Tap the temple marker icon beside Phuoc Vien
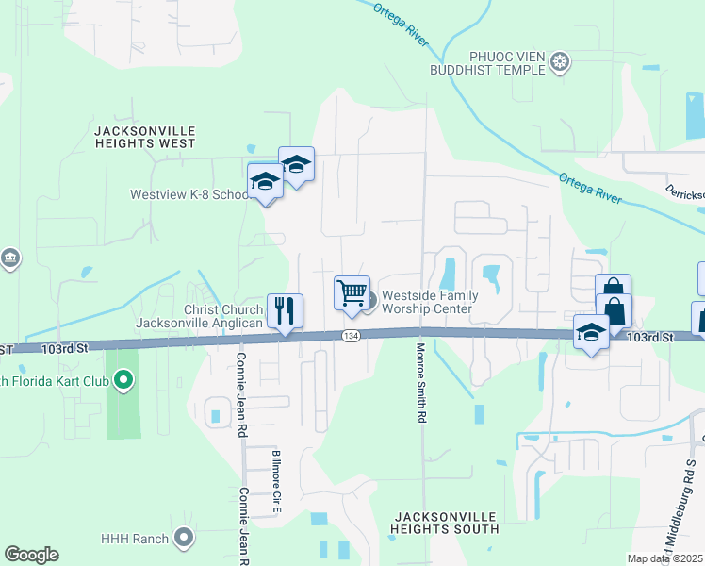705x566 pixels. tap(561, 62)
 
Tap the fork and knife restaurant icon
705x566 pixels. tap(285, 310)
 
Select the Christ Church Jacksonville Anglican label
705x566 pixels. tap(199, 317)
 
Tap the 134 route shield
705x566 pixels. tap(351, 336)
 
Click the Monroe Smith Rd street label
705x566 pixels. tap(421, 382)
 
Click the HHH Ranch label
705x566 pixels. tap(135, 539)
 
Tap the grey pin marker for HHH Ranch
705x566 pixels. tap(184, 539)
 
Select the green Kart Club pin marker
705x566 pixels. tap(122, 381)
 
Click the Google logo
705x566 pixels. tap(31, 554)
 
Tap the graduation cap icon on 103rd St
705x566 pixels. tap(591, 333)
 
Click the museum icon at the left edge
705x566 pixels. tap(9, 258)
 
